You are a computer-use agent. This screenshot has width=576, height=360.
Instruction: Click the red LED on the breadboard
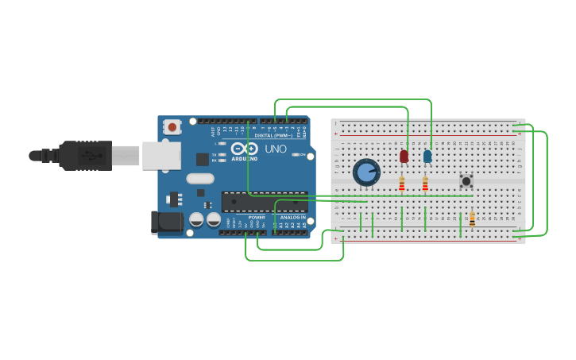404,157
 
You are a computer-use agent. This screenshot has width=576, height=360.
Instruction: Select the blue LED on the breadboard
427,157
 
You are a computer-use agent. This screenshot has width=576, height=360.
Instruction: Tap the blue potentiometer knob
366,172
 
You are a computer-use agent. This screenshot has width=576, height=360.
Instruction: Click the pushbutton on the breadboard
466,181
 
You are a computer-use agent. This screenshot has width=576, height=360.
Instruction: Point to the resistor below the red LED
402,184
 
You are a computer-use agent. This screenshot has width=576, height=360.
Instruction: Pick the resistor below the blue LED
425,184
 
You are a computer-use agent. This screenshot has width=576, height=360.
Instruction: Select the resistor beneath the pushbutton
472,219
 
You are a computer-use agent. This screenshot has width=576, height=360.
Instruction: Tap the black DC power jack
167,222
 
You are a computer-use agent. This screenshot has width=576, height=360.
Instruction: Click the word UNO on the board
276,149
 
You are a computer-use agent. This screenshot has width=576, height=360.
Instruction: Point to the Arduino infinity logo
245,149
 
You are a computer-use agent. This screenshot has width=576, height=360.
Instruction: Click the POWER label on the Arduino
257,217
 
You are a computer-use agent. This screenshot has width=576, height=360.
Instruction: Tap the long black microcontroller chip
264,201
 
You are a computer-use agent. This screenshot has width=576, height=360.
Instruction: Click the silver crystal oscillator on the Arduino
200,179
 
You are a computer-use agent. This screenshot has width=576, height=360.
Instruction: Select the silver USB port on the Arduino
161,156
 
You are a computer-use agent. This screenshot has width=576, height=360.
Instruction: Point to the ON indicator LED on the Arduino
296,154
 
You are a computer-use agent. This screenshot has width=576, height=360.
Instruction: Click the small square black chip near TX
203,159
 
